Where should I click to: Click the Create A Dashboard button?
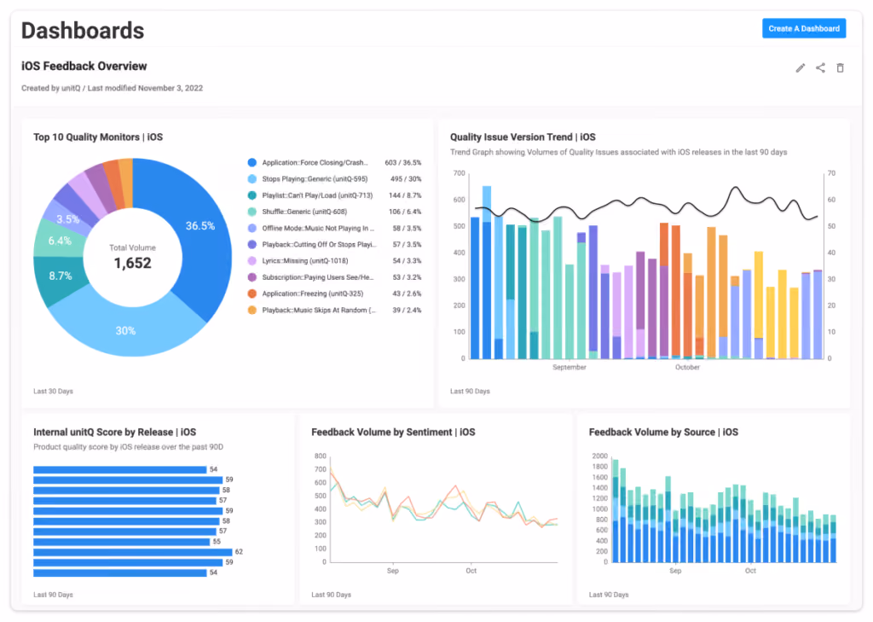(x=803, y=28)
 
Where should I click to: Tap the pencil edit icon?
(x=800, y=68)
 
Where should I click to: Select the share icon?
(x=820, y=68)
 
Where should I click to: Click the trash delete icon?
(x=840, y=68)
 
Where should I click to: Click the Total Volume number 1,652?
(x=132, y=263)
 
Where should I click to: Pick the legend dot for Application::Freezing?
(x=252, y=294)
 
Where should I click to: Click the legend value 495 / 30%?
(x=406, y=179)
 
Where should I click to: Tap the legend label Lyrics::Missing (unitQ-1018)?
(x=305, y=261)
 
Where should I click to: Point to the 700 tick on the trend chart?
(x=459, y=173)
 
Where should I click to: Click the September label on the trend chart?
(x=569, y=367)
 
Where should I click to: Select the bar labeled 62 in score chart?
(x=132, y=552)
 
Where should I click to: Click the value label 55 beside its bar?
(x=217, y=542)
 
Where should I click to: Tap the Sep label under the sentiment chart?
(x=392, y=571)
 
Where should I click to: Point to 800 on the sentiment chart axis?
(x=321, y=456)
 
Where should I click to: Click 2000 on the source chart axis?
(x=600, y=456)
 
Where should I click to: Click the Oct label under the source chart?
(x=750, y=571)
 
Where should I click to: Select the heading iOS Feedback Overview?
(x=84, y=66)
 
